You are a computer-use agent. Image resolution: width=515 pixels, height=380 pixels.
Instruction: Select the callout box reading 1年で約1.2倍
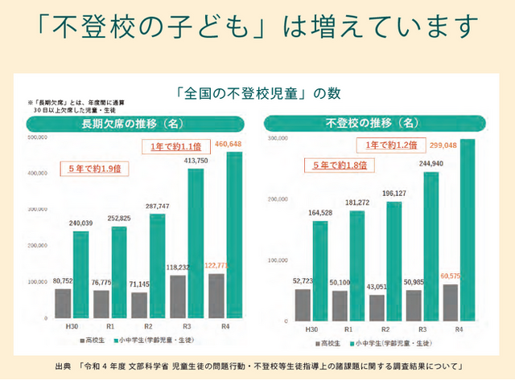click(389, 145)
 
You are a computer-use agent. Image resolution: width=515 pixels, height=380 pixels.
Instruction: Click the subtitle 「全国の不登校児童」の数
click(256, 93)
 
